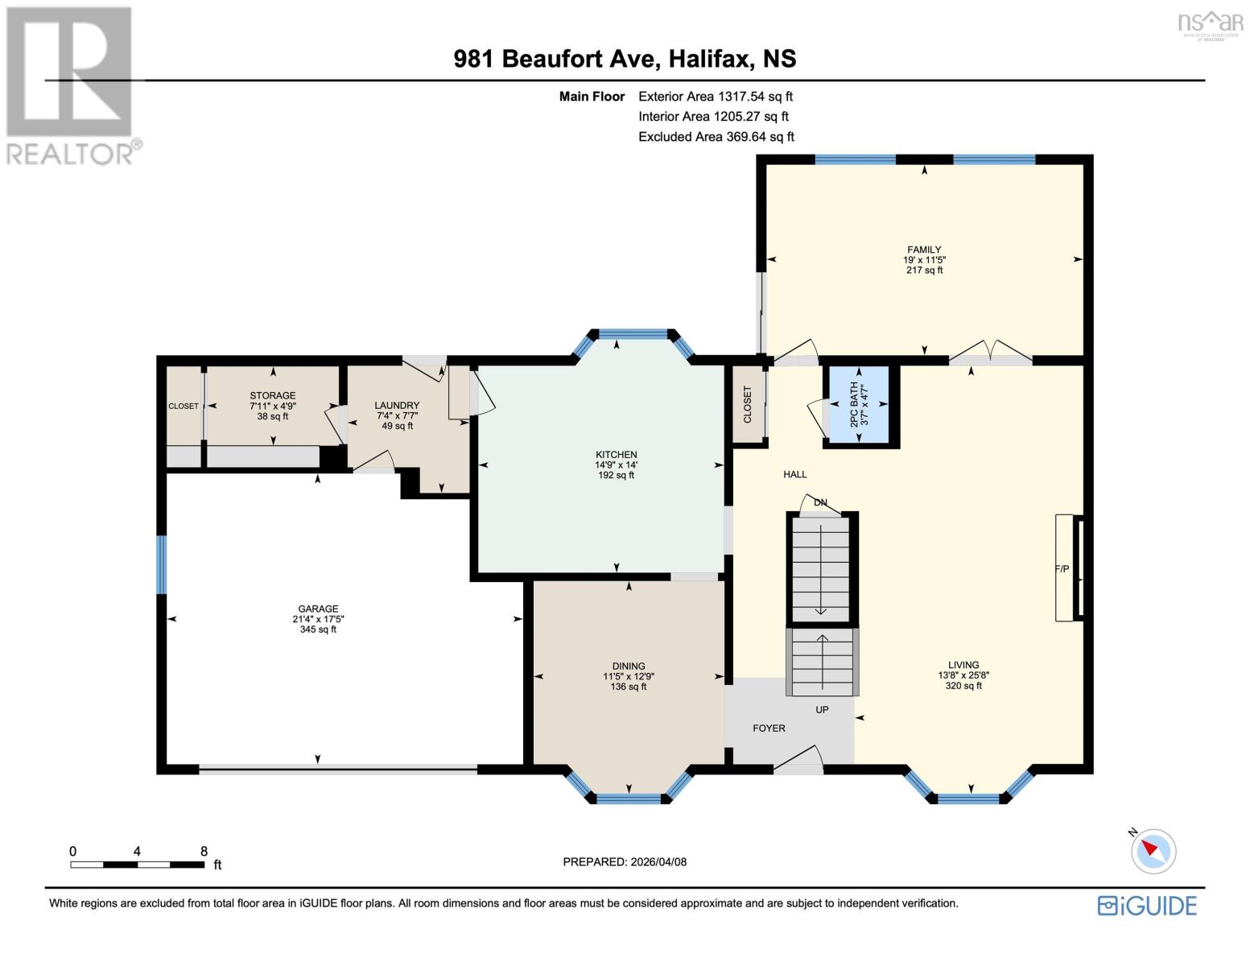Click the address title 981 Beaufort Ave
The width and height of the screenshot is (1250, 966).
(x=625, y=59)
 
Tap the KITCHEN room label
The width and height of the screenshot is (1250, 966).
(x=616, y=455)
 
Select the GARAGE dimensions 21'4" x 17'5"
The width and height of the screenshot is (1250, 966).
(x=318, y=619)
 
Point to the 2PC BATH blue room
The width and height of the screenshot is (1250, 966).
(x=859, y=405)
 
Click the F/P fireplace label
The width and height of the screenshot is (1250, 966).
(x=1062, y=569)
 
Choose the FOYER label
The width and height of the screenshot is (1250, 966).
(x=769, y=728)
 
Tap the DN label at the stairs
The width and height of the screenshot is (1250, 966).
(x=820, y=502)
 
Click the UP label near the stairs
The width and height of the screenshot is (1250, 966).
(x=822, y=709)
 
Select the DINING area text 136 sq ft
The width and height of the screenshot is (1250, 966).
(x=629, y=687)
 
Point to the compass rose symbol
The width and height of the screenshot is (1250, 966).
(x=1153, y=850)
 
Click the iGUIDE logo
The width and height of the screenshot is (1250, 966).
(x=1147, y=906)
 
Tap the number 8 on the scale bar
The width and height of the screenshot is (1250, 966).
(x=204, y=851)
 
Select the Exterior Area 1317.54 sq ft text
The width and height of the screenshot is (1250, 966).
(x=715, y=97)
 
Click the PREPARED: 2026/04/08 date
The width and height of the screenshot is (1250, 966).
(x=625, y=861)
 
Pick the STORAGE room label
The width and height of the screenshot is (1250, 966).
(x=272, y=395)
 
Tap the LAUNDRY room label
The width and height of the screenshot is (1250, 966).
(x=397, y=405)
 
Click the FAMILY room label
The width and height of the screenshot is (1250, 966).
(x=924, y=250)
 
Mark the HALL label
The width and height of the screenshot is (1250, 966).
(x=794, y=474)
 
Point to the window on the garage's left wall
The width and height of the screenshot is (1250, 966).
(x=162, y=564)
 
